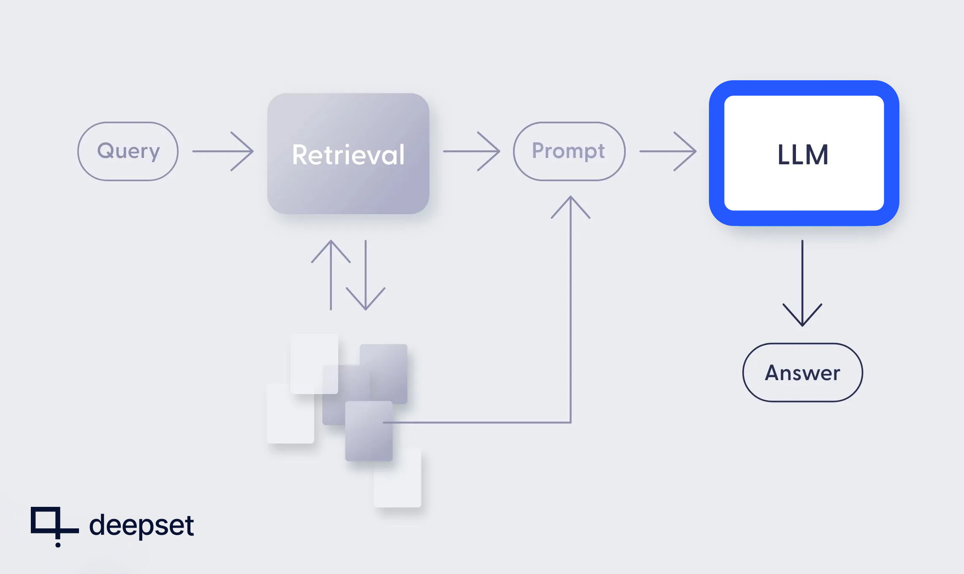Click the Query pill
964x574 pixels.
(128, 151)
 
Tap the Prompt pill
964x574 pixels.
(569, 151)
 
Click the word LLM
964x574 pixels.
(803, 155)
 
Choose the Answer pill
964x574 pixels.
(802, 373)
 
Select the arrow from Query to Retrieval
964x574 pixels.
(223, 151)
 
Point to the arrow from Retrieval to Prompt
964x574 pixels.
(471, 151)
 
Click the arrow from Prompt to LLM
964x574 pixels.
(668, 151)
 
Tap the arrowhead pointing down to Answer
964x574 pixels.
(802, 317)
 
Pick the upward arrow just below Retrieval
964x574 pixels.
(331, 275)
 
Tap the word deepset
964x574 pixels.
(141, 525)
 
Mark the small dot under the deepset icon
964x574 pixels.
(58, 545)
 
